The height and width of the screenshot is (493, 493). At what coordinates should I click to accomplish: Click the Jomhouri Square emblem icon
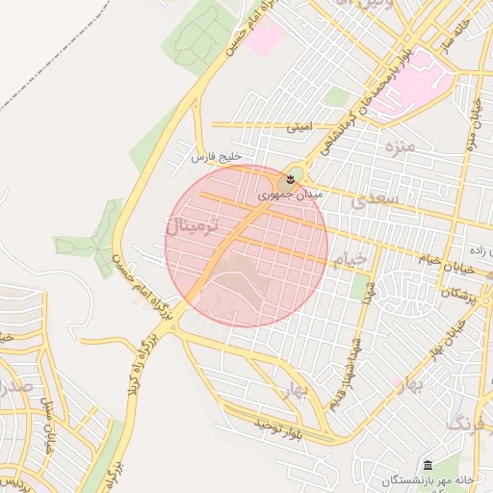[x=286, y=180]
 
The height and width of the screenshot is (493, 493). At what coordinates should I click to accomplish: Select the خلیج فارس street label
[x=215, y=155]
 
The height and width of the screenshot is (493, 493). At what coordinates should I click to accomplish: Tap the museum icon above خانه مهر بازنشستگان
[x=428, y=465]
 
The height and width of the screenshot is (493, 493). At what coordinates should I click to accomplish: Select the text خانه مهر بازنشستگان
[x=428, y=480]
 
